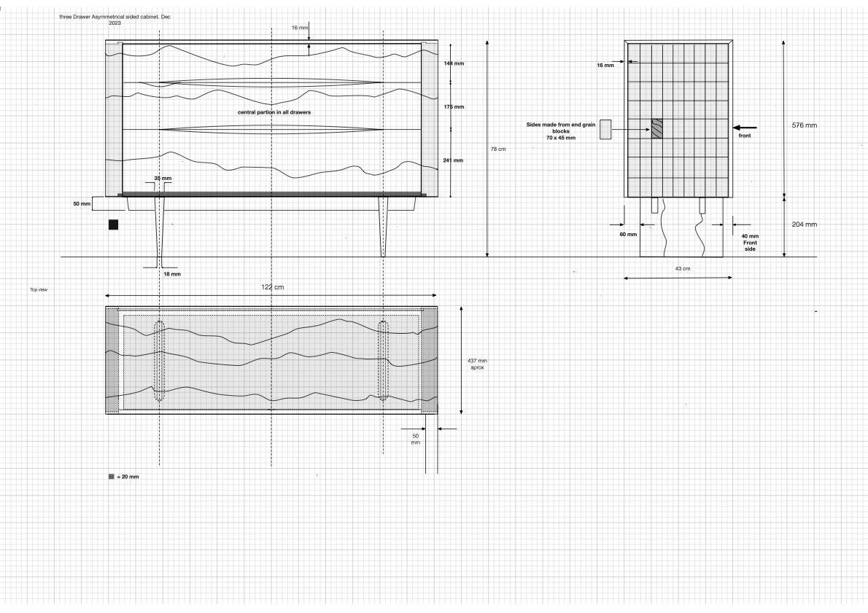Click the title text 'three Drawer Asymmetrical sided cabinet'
pyautogui.click(x=117, y=16)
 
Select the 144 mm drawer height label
pyautogui.click(x=454, y=63)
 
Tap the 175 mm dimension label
pyautogui.click(x=454, y=107)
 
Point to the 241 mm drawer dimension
pyautogui.click(x=454, y=160)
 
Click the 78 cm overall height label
pyautogui.click(x=497, y=149)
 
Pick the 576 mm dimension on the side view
pyautogui.click(x=804, y=125)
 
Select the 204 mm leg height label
pyautogui.click(x=804, y=224)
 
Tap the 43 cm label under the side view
pyautogui.click(x=681, y=269)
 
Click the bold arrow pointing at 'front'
pyautogui.click(x=745, y=128)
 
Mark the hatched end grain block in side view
pyautogui.click(x=657, y=128)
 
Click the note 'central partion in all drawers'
pyautogui.click(x=274, y=113)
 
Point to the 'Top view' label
pyautogui.click(x=39, y=289)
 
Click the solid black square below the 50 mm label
pyautogui.click(x=113, y=224)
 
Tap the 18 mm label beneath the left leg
pyautogui.click(x=171, y=274)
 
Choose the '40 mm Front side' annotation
pyautogui.click(x=749, y=242)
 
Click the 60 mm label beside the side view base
pyautogui.click(x=628, y=235)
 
